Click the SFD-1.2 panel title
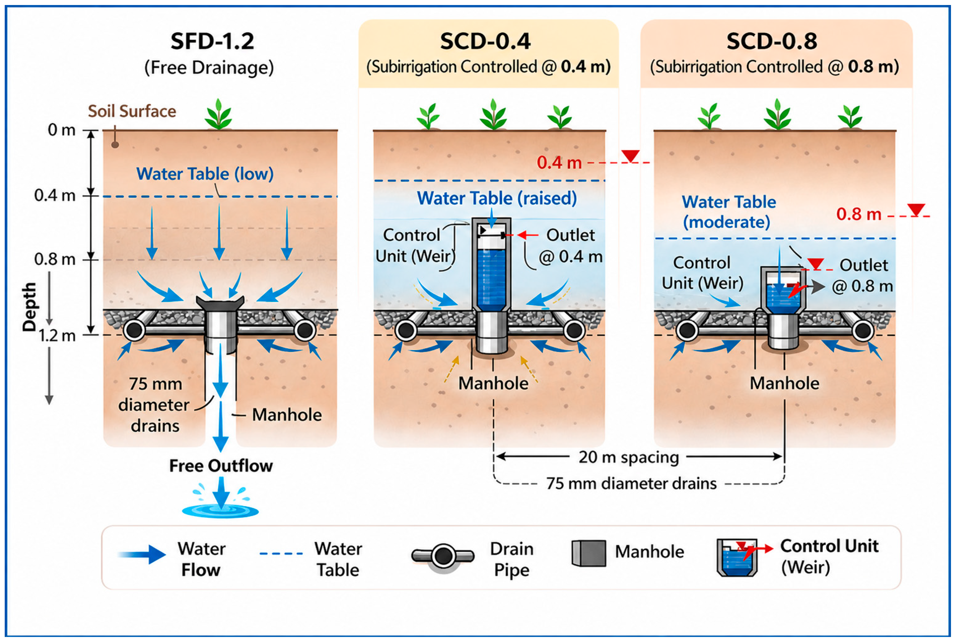[212, 41]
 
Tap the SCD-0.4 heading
[486, 41]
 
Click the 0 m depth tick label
[62, 130]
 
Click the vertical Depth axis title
[29, 307]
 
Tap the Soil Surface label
[132, 111]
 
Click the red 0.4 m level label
[559, 163]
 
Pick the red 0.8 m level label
[859, 214]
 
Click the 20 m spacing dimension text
[629, 457]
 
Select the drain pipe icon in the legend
[443, 556]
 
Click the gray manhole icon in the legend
[589, 553]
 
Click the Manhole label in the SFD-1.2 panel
[287, 415]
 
